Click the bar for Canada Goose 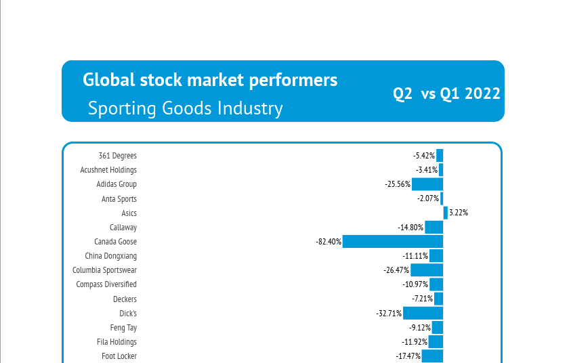point(393,242)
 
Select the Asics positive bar point(446,213)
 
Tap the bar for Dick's point(423,313)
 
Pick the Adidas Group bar point(427,184)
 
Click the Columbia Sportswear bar point(427,270)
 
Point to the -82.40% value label point(329,242)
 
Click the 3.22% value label point(459,213)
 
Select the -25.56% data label point(397,184)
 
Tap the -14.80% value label point(410,228)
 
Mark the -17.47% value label point(408,356)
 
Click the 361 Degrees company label point(118,156)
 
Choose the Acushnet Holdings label point(108,170)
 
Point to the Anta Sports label point(119,199)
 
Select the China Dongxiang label point(110,256)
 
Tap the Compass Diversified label point(106,284)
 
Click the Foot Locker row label point(119,356)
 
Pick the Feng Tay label point(123,328)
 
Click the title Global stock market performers point(210,80)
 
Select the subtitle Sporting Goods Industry point(186,108)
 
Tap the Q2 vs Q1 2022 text point(447,93)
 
